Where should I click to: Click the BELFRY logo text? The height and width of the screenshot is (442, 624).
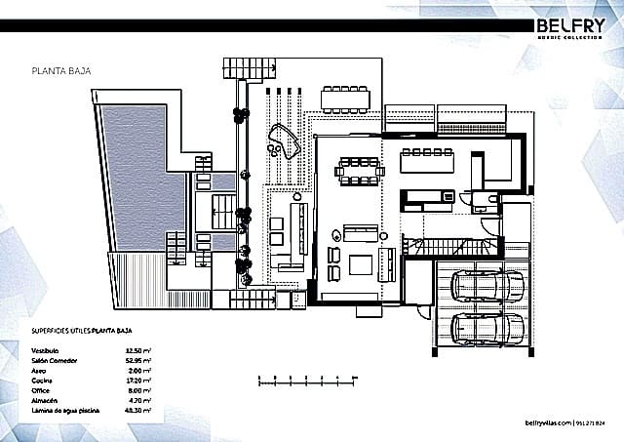[570, 24]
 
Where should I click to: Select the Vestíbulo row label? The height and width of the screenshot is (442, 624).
[48, 349]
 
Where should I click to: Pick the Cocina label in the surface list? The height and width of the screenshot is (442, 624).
[44, 380]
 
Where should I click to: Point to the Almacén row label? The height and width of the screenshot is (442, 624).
[46, 400]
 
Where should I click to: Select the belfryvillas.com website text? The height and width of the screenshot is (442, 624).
[547, 423]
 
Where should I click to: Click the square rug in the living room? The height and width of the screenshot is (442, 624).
[361, 264]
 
